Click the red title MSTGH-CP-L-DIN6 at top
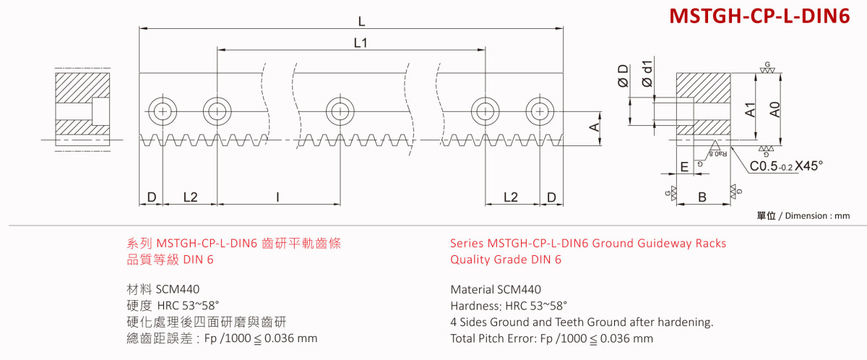click(x=759, y=17)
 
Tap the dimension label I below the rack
click(x=278, y=197)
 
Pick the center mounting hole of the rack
click(x=340, y=111)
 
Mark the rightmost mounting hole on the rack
click(x=539, y=111)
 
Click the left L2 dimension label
click(x=190, y=197)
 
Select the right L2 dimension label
click(x=510, y=197)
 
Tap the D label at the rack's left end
click(x=151, y=197)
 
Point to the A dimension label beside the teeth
click(x=594, y=127)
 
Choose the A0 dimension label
click(x=775, y=109)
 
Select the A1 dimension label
click(x=751, y=109)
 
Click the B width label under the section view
click(x=702, y=196)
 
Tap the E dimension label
click(x=683, y=167)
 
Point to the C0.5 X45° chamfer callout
click(x=786, y=166)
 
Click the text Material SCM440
click(x=495, y=289)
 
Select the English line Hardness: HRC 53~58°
click(x=508, y=306)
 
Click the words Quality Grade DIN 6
click(x=505, y=260)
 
